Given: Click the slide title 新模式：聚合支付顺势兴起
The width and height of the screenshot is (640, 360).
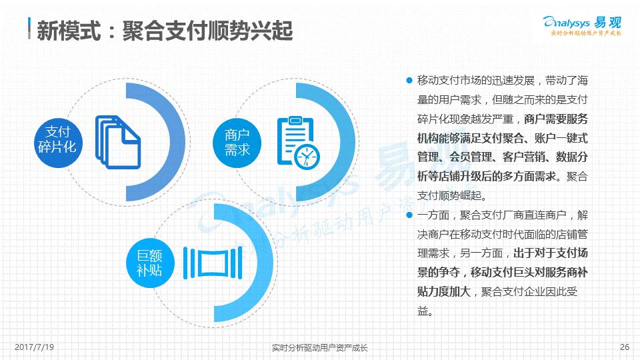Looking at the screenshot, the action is click(x=165, y=30).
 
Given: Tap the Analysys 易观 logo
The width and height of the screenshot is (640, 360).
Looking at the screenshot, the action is click(x=582, y=25).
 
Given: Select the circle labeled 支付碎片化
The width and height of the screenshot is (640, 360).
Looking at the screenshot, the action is click(x=57, y=143).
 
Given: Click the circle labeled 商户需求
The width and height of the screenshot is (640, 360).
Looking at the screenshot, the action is click(x=237, y=143).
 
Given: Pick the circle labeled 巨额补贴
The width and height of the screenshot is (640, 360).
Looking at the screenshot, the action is click(x=150, y=263).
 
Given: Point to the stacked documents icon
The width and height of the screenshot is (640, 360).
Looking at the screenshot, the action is click(x=118, y=142).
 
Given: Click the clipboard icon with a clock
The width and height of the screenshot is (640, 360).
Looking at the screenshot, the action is click(x=298, y=142).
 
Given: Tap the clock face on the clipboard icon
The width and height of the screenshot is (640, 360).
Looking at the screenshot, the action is click(x=307, y=156).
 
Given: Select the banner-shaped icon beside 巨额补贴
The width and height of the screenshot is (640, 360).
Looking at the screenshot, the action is click(x=213, y=263).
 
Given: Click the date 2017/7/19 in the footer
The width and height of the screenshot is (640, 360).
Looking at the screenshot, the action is click(x=34, y=347).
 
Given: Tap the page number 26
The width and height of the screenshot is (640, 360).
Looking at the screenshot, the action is click(x=625, y=347).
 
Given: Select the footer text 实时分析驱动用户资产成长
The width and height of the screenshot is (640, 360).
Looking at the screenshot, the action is click(x=320, y=348).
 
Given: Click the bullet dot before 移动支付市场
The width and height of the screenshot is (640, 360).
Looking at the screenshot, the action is click(x=409, y=80).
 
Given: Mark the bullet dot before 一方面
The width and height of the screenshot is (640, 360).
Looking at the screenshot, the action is click(x=409, y=215).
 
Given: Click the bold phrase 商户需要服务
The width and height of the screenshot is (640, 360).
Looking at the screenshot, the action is click(x=556, y=119).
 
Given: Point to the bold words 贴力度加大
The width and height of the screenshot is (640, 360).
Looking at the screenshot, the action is click(x=444, y=291).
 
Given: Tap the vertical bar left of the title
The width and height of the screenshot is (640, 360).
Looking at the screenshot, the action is click(x=29, y=28).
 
